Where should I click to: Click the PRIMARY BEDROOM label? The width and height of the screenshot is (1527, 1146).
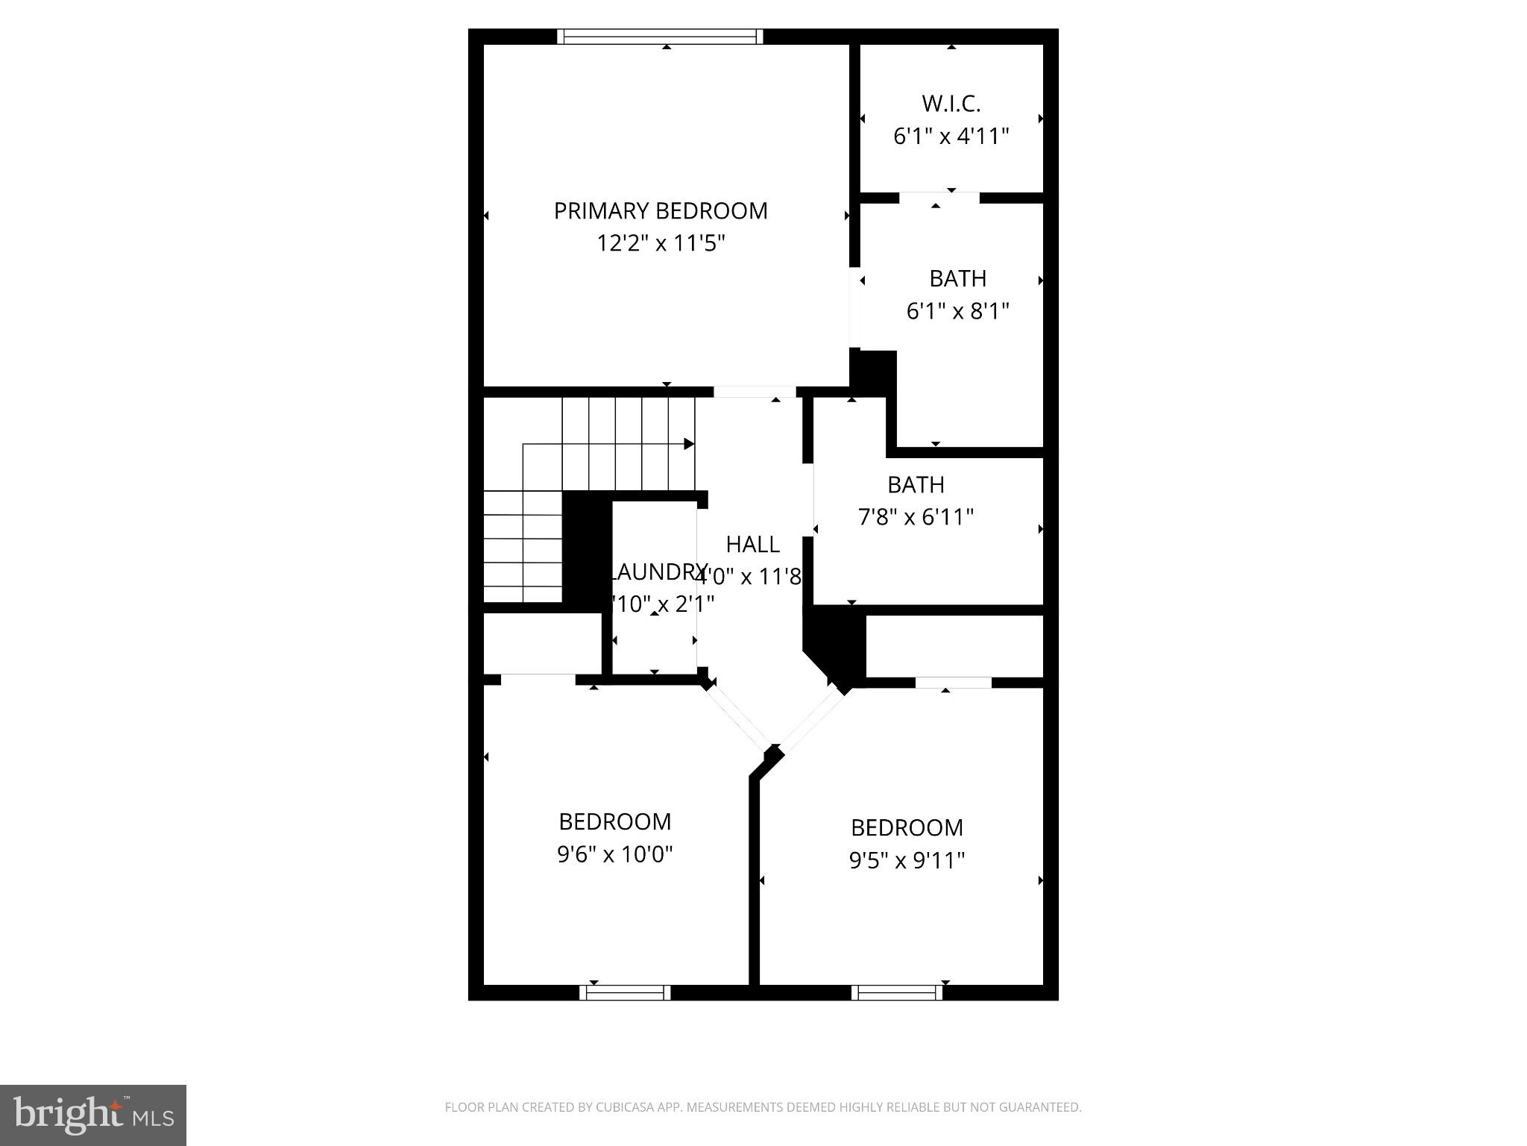click(660, 211)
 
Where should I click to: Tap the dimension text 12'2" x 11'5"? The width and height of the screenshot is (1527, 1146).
click(661, 243)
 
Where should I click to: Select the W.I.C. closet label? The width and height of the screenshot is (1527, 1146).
click(951, 103)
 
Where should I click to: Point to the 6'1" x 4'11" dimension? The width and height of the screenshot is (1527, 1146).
click(951, 137)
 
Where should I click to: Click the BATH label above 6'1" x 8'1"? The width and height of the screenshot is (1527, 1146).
click(957, 278)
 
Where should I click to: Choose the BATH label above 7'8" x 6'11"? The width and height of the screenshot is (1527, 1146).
click(916, 485)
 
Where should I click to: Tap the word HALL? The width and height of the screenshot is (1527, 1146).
click(752, 545)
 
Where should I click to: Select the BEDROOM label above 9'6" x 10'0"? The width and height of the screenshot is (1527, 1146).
click(614, 821)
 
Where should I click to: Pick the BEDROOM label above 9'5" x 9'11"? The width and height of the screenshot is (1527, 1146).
click(907, 827)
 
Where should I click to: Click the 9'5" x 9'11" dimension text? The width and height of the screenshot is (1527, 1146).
click(907, 861)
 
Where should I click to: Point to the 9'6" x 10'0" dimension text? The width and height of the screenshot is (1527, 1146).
click(614, 854)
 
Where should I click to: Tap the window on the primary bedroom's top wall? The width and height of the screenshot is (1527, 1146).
click(660, 37)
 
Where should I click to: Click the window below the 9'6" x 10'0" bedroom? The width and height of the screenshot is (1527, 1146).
click(625, 992)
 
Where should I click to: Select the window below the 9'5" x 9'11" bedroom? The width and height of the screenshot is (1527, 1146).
click(897, 992)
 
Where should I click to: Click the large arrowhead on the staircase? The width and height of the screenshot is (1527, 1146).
click(689, 444)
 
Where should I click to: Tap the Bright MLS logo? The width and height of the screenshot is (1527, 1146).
click(93, 1115)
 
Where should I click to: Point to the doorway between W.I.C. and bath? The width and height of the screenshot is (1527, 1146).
click(939, 198)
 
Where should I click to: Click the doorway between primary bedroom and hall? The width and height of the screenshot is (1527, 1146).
click(755, 392)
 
